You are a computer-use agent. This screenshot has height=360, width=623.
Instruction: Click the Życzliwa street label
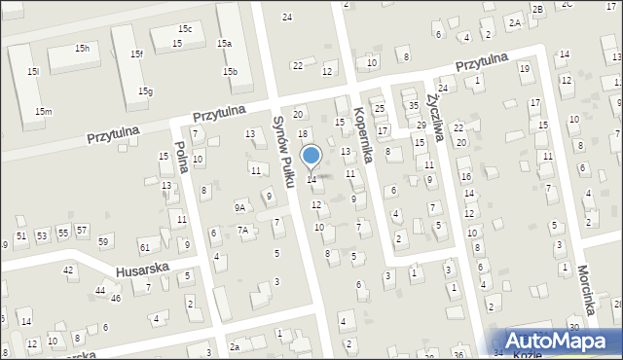pyautogui.click(x=435, y=119)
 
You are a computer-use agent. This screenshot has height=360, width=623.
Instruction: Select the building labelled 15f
pyautogui.click(x=136, y=54)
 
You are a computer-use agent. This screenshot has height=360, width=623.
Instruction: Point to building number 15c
pyautogui.click(x=185, y=29)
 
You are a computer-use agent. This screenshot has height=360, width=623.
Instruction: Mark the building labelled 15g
pyautogui.click(x=145, y=91)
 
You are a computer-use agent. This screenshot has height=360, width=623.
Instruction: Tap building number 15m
pyautogui.click(x=43, y=112)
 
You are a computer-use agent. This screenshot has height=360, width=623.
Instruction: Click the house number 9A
pyautogui.click(x=239, y=207)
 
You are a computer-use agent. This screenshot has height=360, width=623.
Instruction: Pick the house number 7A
pyautogui.click(x=243, y=230)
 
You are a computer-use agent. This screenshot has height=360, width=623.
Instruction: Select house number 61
pyautogui.click(x=145, y=248)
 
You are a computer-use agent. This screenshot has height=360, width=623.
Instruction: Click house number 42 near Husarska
pyautogui.click(x=68, y=270)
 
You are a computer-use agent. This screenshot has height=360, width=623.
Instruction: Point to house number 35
pyautogui.click(x=413, y=105)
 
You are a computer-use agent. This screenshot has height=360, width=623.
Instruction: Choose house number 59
pyautogui.click(x=103, y=240)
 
